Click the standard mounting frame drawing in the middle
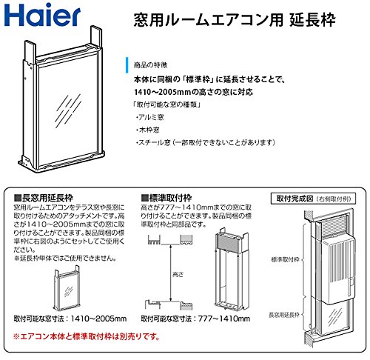point(229,270)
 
